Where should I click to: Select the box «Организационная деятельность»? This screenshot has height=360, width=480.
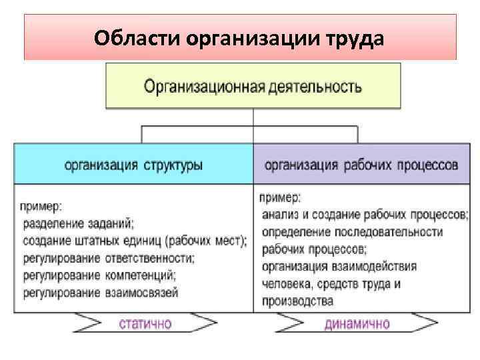(253, 86)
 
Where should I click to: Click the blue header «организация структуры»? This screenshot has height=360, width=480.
(134, 164)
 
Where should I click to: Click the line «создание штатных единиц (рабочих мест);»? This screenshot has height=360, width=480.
(135, 240)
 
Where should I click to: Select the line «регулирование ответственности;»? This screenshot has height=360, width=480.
(109, 257)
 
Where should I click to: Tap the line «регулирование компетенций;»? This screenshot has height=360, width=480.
(100, 275)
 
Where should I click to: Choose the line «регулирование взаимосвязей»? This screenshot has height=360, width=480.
(101, 292)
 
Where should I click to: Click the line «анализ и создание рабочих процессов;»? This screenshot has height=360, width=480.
(365, 215)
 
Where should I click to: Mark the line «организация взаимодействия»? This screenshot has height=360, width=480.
(339, 267)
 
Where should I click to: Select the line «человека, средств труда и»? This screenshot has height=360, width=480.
(331, 284)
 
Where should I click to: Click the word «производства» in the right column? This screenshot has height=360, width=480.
(298, 301)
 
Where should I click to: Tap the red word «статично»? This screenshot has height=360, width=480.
(145, 325)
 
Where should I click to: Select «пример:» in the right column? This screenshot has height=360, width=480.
(279, 197)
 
